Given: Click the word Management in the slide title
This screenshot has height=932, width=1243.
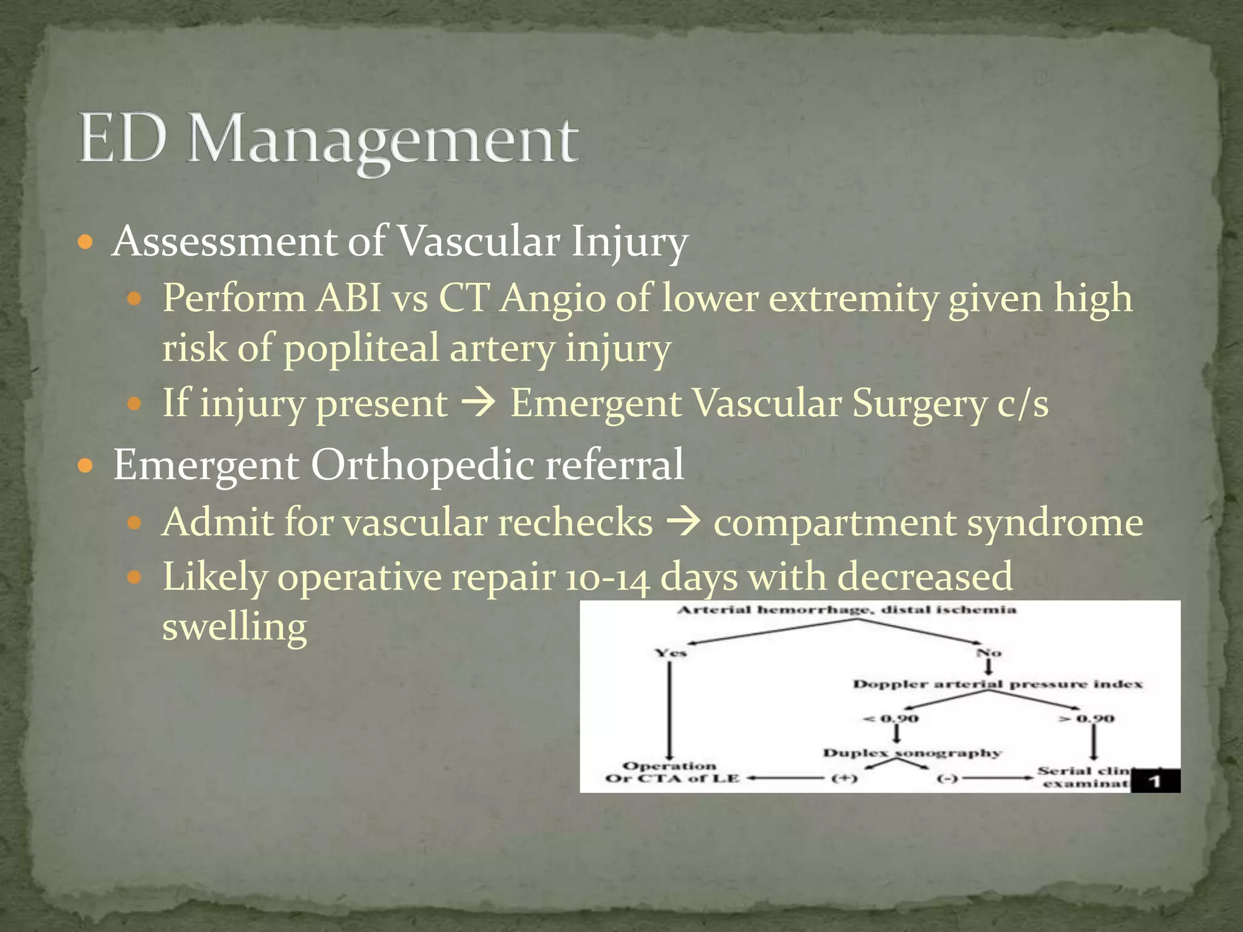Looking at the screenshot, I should click(x=382, y=141).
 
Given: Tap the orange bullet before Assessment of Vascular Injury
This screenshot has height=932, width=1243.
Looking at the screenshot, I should click(x=86, y=243).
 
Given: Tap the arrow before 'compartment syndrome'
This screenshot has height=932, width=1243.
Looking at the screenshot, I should click(x=683, y=522).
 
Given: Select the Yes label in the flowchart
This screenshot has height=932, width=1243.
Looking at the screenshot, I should click(x=670, y=653).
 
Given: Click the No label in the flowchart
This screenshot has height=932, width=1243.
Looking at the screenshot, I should click(x=989, y=653).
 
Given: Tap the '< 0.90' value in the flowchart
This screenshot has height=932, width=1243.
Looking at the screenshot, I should click(x=891, y=718).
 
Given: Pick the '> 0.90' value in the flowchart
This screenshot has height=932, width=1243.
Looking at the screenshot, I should click(x=1086, y=718).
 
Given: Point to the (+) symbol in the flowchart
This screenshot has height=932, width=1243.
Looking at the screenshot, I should click(x=844, y=778).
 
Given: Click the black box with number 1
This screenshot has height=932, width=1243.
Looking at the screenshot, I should click(x=1155, y=781).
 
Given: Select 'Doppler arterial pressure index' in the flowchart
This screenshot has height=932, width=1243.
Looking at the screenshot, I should click(x=997, y=684).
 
